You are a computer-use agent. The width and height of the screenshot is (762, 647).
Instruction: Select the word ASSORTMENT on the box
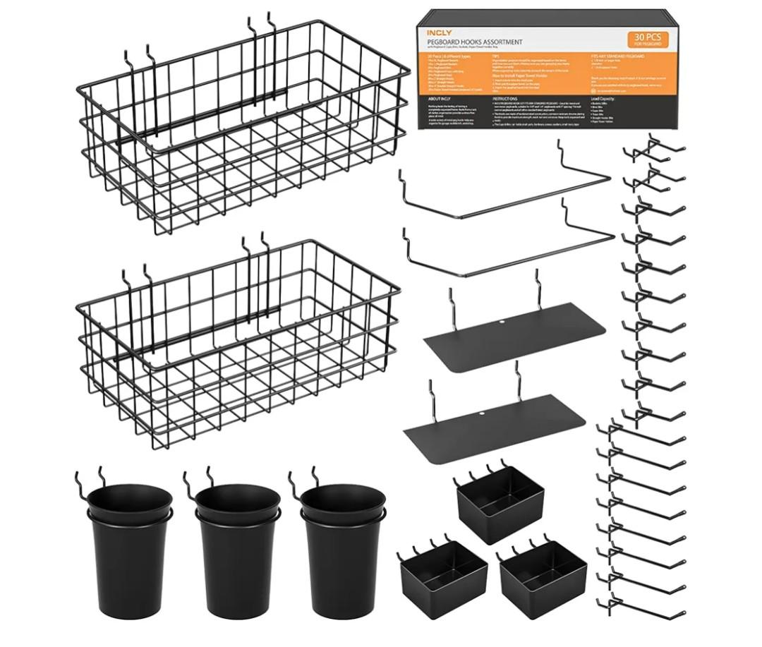click(x=500, y=42)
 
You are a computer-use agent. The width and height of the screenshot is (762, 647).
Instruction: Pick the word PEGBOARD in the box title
click(x=446, y=42)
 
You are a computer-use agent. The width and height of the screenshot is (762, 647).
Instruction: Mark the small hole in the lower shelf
click(x=483, y=413)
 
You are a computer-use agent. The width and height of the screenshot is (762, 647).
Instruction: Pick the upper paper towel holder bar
click(x=504, y=194)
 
